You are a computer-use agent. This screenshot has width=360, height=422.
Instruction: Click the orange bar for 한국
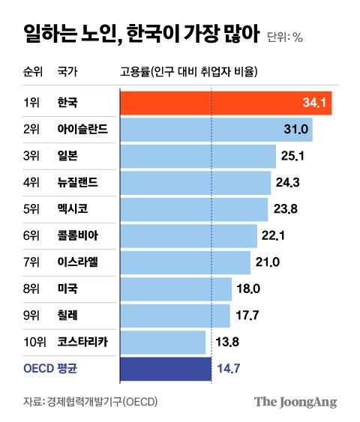click(225, 102)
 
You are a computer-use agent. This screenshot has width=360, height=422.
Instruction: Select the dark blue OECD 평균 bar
click(165, 368)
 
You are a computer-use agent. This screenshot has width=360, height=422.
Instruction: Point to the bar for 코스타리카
click(162, 342)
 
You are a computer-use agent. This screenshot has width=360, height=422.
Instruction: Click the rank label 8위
click(31, 289)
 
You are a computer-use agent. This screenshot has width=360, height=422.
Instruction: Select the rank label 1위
click(31, 102)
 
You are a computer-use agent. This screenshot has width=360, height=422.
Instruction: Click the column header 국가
click(67, 72)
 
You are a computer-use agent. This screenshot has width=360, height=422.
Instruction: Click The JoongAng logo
click(295, 402)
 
